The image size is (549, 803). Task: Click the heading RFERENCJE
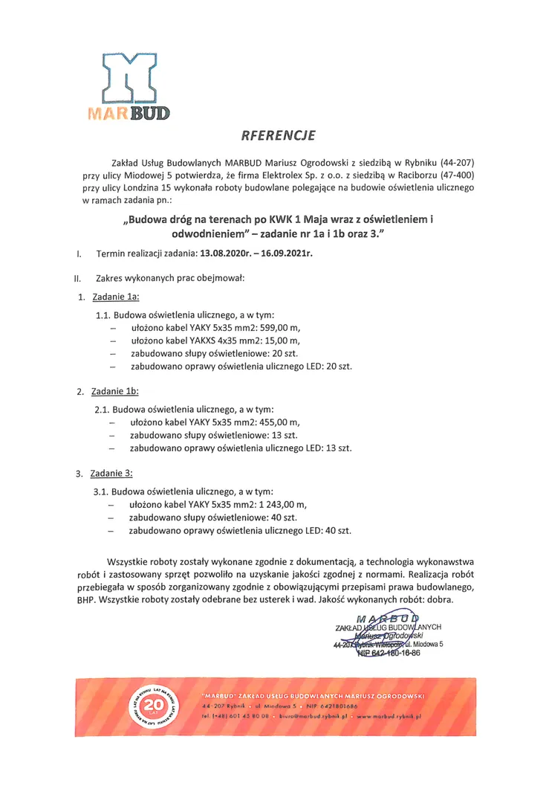(x=278, y=135)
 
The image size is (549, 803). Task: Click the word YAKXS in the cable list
(x=204, y=341)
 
